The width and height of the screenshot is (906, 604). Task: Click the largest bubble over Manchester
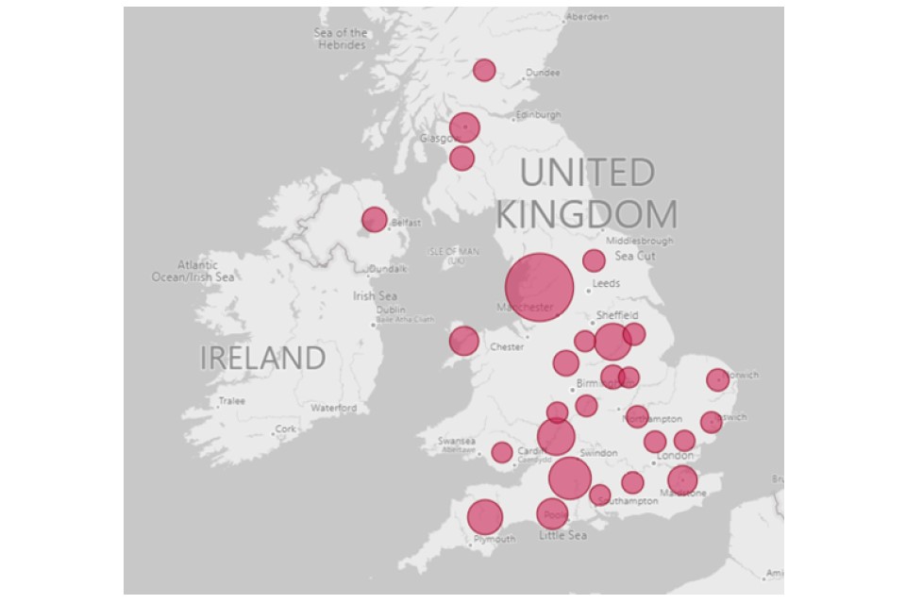(x=539, y=287)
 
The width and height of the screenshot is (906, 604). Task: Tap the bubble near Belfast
(x=374, y=220)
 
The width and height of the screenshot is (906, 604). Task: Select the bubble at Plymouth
(x=485, y=517)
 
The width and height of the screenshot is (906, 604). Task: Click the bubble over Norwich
(x=717, y=380)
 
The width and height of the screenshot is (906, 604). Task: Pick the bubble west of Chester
(x=463, y=341)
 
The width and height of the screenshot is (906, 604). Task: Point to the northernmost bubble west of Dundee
(x=484, y=70)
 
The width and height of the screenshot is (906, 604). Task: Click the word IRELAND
(x=262, y=359)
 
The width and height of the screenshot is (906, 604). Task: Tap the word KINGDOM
(x=586, y=213)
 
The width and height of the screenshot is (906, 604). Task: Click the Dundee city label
(x=543, y=73)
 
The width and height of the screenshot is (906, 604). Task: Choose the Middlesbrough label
(x=640, y=242)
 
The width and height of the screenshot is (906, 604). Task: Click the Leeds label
(x=605, y=283)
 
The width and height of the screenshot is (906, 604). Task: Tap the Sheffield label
(x=617, y=315)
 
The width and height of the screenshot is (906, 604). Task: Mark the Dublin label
(x=391, y=310)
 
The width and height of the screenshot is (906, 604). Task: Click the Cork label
(x=284, y=429)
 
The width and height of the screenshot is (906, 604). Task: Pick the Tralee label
(x=232, y=401)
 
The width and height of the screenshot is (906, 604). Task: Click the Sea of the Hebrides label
(x=340, y=39)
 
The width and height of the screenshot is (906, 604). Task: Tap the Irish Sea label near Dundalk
(x=376, y=296)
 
